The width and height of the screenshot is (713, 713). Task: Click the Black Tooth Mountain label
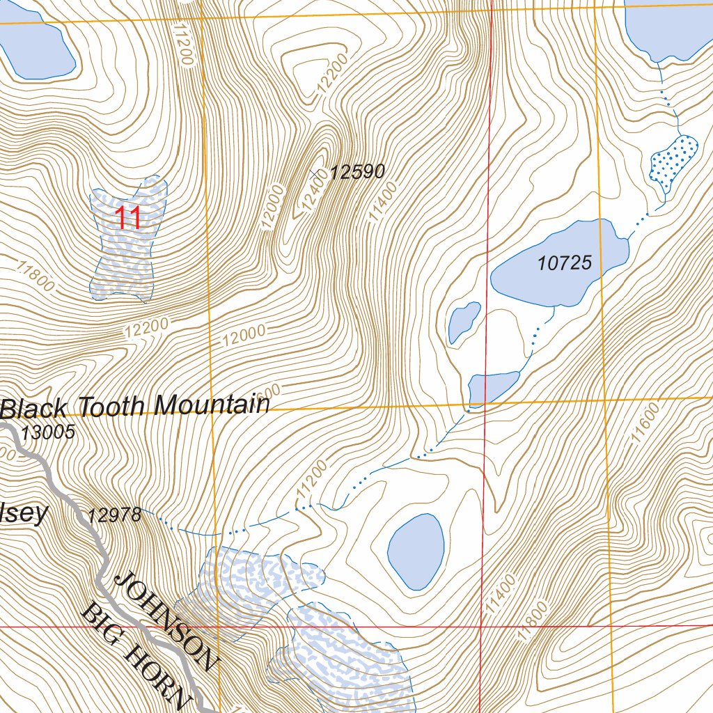pyautogui.click(x=135, y=407)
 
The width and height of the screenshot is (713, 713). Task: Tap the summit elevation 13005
pyautogui.click(x=47, y=432)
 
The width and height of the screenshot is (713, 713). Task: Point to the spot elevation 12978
pyautogui.click(x=115, y=516)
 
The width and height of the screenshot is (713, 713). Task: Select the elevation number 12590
pyautogui.click(x=356, y=172)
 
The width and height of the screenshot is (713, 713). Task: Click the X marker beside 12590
pyautogui.click(x=316, y=171)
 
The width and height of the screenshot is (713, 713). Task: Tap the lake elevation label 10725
pyautogui.click(x=565, y=263)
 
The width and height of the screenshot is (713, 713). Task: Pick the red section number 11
pyautogui.click(x=128, y=218)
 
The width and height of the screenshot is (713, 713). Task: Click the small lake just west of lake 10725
pyautogui.click(x=464, y=321)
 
